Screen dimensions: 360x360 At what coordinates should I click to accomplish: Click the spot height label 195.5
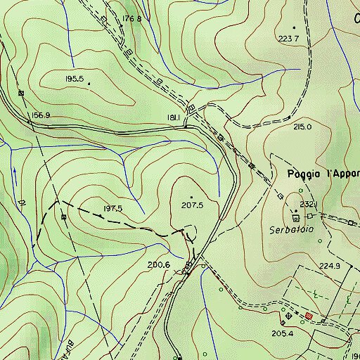(74, 79)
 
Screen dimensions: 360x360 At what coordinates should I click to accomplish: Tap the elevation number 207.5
(192, 205)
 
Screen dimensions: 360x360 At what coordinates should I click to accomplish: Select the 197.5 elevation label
(112, 209)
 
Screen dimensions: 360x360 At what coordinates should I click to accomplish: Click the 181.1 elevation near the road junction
(175, 117)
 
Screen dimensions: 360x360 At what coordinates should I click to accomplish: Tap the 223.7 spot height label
(288, 38)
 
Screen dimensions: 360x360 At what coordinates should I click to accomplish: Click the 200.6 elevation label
(159, 264)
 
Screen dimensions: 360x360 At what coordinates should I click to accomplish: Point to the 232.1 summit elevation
(309, 204)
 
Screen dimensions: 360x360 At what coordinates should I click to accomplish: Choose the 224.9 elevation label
(329, 266)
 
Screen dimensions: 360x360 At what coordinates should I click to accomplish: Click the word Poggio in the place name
(305, 173)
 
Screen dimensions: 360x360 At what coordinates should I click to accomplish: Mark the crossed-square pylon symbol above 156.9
(21, 93)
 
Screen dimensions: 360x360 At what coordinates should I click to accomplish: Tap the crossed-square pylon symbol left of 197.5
(64, 217)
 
